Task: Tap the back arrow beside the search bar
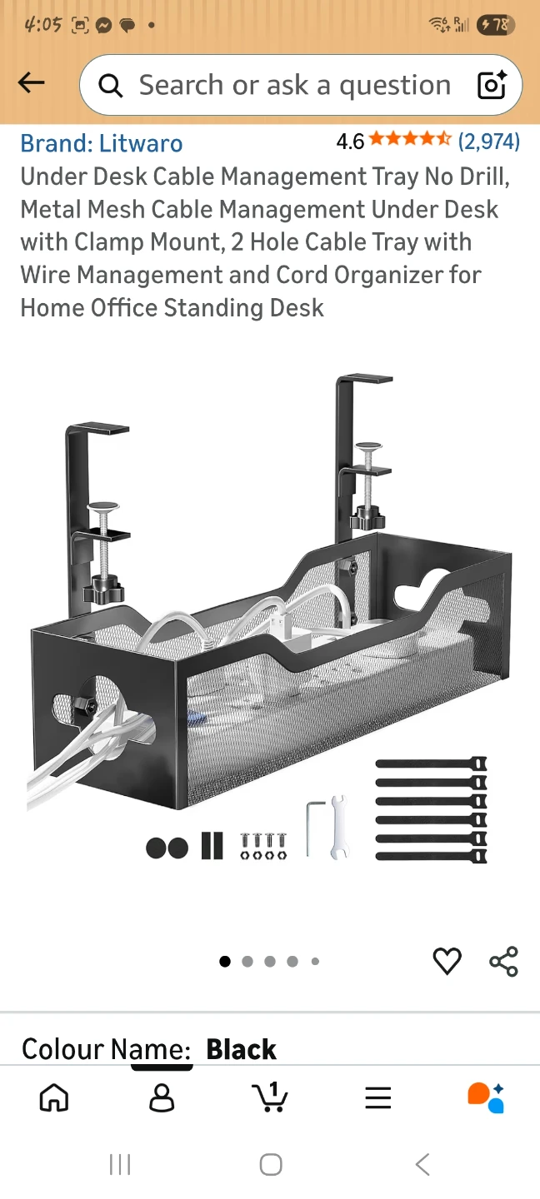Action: [x=31, y=83]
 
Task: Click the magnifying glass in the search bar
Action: [x=111, y=86]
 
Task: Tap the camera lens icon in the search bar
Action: [x=492, y=85]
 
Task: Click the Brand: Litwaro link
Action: [x=102, y=143]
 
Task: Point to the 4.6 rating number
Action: [x=350, y=142]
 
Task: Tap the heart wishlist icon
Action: [x=447, y=960]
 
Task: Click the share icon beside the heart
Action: [x=504, y=961]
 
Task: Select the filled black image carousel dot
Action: [x=225, y=962]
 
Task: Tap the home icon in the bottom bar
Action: [x=54, y=1097]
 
